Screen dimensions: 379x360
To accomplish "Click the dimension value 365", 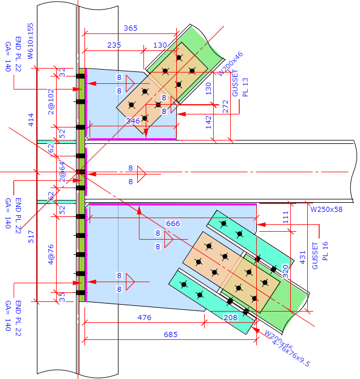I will [x=130, y=28].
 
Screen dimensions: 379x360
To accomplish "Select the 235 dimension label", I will [x=115, y=45].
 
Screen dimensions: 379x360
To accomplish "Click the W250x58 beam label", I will [x=326, y=209].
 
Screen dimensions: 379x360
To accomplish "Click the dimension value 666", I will [x=173, y=224].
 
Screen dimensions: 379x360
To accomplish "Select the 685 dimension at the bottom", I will [x=170, y=335].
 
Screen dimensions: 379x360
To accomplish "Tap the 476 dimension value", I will [x=145, y=318].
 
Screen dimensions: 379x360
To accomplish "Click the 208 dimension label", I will [x=231, y=318].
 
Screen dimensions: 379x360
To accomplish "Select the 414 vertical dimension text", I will [x=31, y=120].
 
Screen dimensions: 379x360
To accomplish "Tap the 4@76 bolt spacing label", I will [x=51, y=255].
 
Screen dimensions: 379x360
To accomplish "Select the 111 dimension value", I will [x=285, y=216].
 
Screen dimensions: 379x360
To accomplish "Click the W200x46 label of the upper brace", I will [x=231, y=63].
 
